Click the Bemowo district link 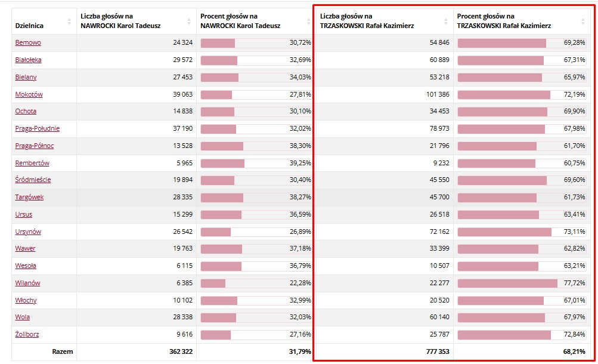click(28, 42)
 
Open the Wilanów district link click(27, 283)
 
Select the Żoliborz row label click(27, 334)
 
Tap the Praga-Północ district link click(35, 146)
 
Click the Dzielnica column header click(29, 26)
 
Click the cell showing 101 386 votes click(438, 94)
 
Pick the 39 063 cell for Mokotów click(182, 94)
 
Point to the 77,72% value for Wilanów click(574, 283)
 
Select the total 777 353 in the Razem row click(438, 351)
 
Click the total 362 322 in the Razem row click(181, 351)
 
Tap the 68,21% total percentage click(574, 351)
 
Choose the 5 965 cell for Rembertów click(185, 163)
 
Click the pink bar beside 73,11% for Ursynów click(504, 232)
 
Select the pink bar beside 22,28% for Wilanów click(213, 283)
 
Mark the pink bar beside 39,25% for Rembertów click(222, 164)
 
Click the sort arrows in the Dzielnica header click(69, 21)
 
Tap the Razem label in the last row click(63, 351)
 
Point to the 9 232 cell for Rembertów click(441, 163)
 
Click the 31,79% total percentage click(300, 351)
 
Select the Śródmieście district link click(33, 180)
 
